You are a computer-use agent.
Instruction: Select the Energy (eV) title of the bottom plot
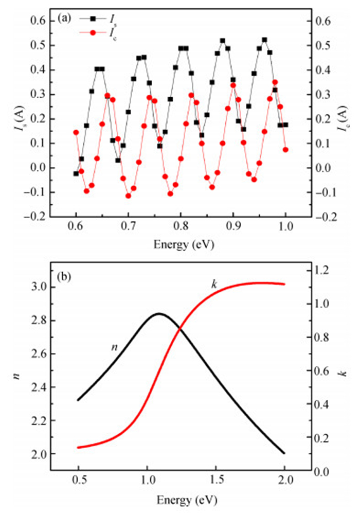[181, 500]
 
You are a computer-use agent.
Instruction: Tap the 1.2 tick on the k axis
[327, 271]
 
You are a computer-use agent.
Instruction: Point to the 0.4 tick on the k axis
[327, 405]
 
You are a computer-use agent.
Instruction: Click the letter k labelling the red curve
[214, 284]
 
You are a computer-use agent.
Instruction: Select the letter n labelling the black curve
[115, 348]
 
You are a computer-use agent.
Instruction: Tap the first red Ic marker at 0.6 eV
[76, 132]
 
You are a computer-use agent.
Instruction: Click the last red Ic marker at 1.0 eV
[285, 150]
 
